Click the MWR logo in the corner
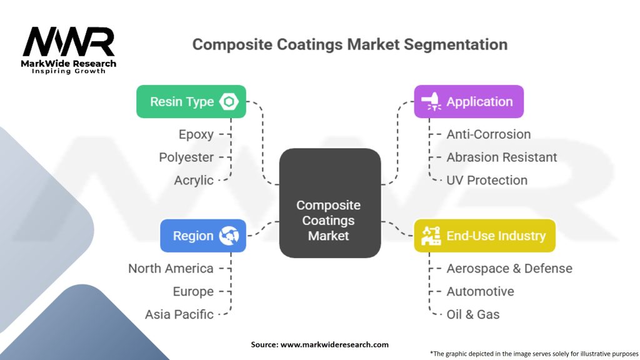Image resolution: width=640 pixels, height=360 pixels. click(x=69, y=50)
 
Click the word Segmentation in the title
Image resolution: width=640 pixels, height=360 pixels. click(x=456, y=44)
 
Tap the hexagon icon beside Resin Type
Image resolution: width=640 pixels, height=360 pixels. click(x=229, y=102)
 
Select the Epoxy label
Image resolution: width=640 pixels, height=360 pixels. click(x=196, y=134)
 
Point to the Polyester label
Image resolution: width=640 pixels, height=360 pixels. click(x=186, y=157)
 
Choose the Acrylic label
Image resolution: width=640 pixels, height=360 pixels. click(x=194, y=180)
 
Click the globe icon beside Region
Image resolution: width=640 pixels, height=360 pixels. click(x=229, y=236)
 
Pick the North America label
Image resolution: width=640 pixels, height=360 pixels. click(x=171, y=268)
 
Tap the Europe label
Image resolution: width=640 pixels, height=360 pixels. click(x=193, y=291)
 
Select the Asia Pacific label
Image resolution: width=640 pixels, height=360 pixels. click(x=179, y=314)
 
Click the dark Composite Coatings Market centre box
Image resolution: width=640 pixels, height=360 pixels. click(x=330, y=203)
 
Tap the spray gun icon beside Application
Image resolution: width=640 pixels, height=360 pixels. click(x=431, y=102)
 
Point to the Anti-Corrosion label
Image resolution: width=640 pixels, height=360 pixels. click(x=489, y=134)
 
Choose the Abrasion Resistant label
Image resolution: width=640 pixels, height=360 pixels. click(x=502, y=157)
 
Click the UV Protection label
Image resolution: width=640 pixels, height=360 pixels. click(x=487, y=180)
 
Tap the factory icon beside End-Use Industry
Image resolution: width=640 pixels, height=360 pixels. click(x=431, y=236)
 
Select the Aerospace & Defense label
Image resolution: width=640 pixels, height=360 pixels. click(x=509, y=268)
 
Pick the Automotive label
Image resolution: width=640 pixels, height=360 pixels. click(x=481, y=291)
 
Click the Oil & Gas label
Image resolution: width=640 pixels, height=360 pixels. click(x=473, y=314)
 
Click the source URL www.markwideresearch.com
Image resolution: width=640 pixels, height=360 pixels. click(x=334, y=344)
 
